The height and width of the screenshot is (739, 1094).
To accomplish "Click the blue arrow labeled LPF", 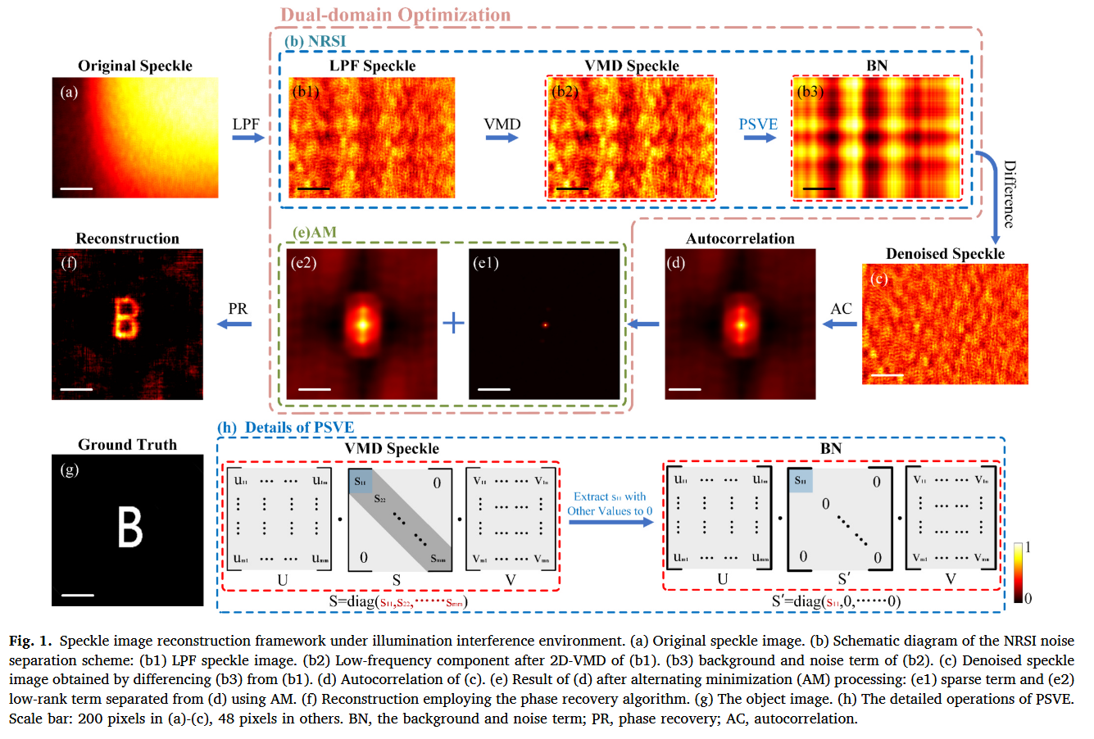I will point(247,138).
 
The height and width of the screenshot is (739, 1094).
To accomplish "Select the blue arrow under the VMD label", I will point(502,138).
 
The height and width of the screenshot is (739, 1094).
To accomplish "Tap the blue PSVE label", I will point(757,125).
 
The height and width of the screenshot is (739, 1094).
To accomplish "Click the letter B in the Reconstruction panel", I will point(125,319).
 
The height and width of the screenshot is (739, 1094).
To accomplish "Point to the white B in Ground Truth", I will point(130,527).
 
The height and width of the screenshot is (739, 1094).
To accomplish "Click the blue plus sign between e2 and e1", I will point(453,323).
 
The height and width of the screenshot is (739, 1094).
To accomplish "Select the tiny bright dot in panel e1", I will point(544,324).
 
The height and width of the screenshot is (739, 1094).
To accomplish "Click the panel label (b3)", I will point(810,92).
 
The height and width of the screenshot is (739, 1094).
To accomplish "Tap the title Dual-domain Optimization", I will point(395,15).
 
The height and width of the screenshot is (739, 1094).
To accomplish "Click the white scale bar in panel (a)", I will point(76,188).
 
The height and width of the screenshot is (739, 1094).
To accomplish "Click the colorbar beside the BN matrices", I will point(1018,573).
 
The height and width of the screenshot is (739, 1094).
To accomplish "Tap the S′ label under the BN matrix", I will point(844,580).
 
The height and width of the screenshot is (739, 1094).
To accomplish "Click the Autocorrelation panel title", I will point(740,238).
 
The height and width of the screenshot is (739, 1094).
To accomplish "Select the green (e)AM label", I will point(315,232).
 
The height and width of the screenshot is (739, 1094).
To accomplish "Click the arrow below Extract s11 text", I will point(611,522).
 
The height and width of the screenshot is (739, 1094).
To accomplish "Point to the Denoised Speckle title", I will point(945,253).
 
